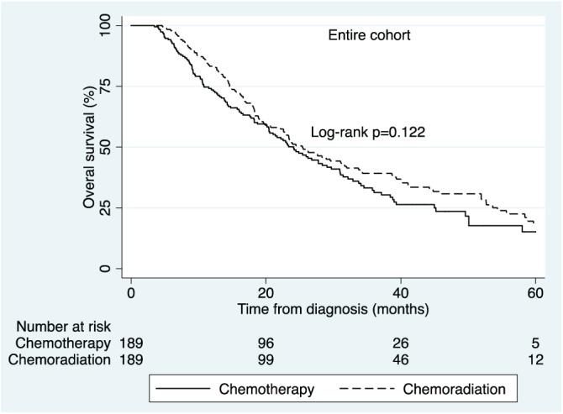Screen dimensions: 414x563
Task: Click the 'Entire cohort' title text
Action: (368, 35)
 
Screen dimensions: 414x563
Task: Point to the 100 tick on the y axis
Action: (104, 25)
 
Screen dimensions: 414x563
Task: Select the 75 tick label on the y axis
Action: (104, 86)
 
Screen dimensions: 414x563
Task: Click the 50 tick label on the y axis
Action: (104, 147)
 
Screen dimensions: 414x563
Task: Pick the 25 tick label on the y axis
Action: (104, 208)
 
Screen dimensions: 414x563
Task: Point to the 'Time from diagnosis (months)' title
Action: (333, 308)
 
